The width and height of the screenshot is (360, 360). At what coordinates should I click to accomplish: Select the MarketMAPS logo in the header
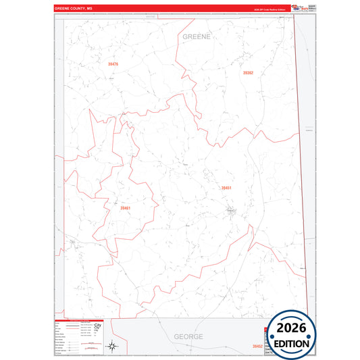click(x=298, y=8)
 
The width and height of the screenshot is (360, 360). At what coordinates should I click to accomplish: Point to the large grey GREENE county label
click(x=197, y=36)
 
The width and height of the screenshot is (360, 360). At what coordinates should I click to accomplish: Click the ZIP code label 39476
click(x=113, y=64)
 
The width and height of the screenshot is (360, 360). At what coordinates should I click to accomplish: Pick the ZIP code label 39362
click(x=248, y=72)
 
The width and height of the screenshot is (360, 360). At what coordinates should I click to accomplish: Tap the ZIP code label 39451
click(x=226, y=188)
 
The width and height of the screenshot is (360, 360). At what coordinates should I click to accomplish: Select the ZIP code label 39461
click(x=125, y=208)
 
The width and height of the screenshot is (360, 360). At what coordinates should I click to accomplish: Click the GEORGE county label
click(x=188, y=336)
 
